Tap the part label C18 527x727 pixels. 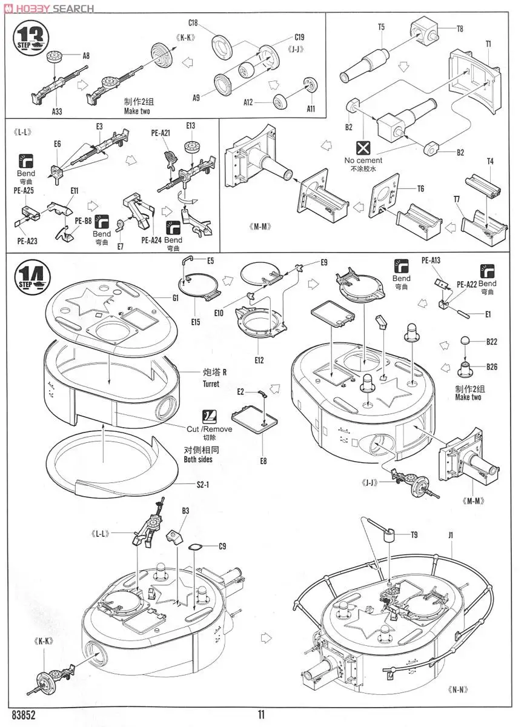point(193,23)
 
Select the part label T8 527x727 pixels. point(460,28)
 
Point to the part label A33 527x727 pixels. point(56,111)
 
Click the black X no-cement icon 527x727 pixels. point(363,148)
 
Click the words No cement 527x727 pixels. point(363,161)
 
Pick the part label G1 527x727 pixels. point(176,298)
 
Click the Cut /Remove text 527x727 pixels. point(209,429)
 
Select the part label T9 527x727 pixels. point(414,534)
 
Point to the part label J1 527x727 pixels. point(451,534)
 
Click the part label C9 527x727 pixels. point(222,546)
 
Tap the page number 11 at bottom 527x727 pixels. point(262,715)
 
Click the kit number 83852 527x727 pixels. point(23,715)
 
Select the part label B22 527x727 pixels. point(491,342)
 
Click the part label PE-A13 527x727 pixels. point(431,261)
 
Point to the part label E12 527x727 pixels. point(259,360)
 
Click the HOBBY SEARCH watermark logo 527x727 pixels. point(48,8)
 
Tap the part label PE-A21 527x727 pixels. point(161,132)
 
